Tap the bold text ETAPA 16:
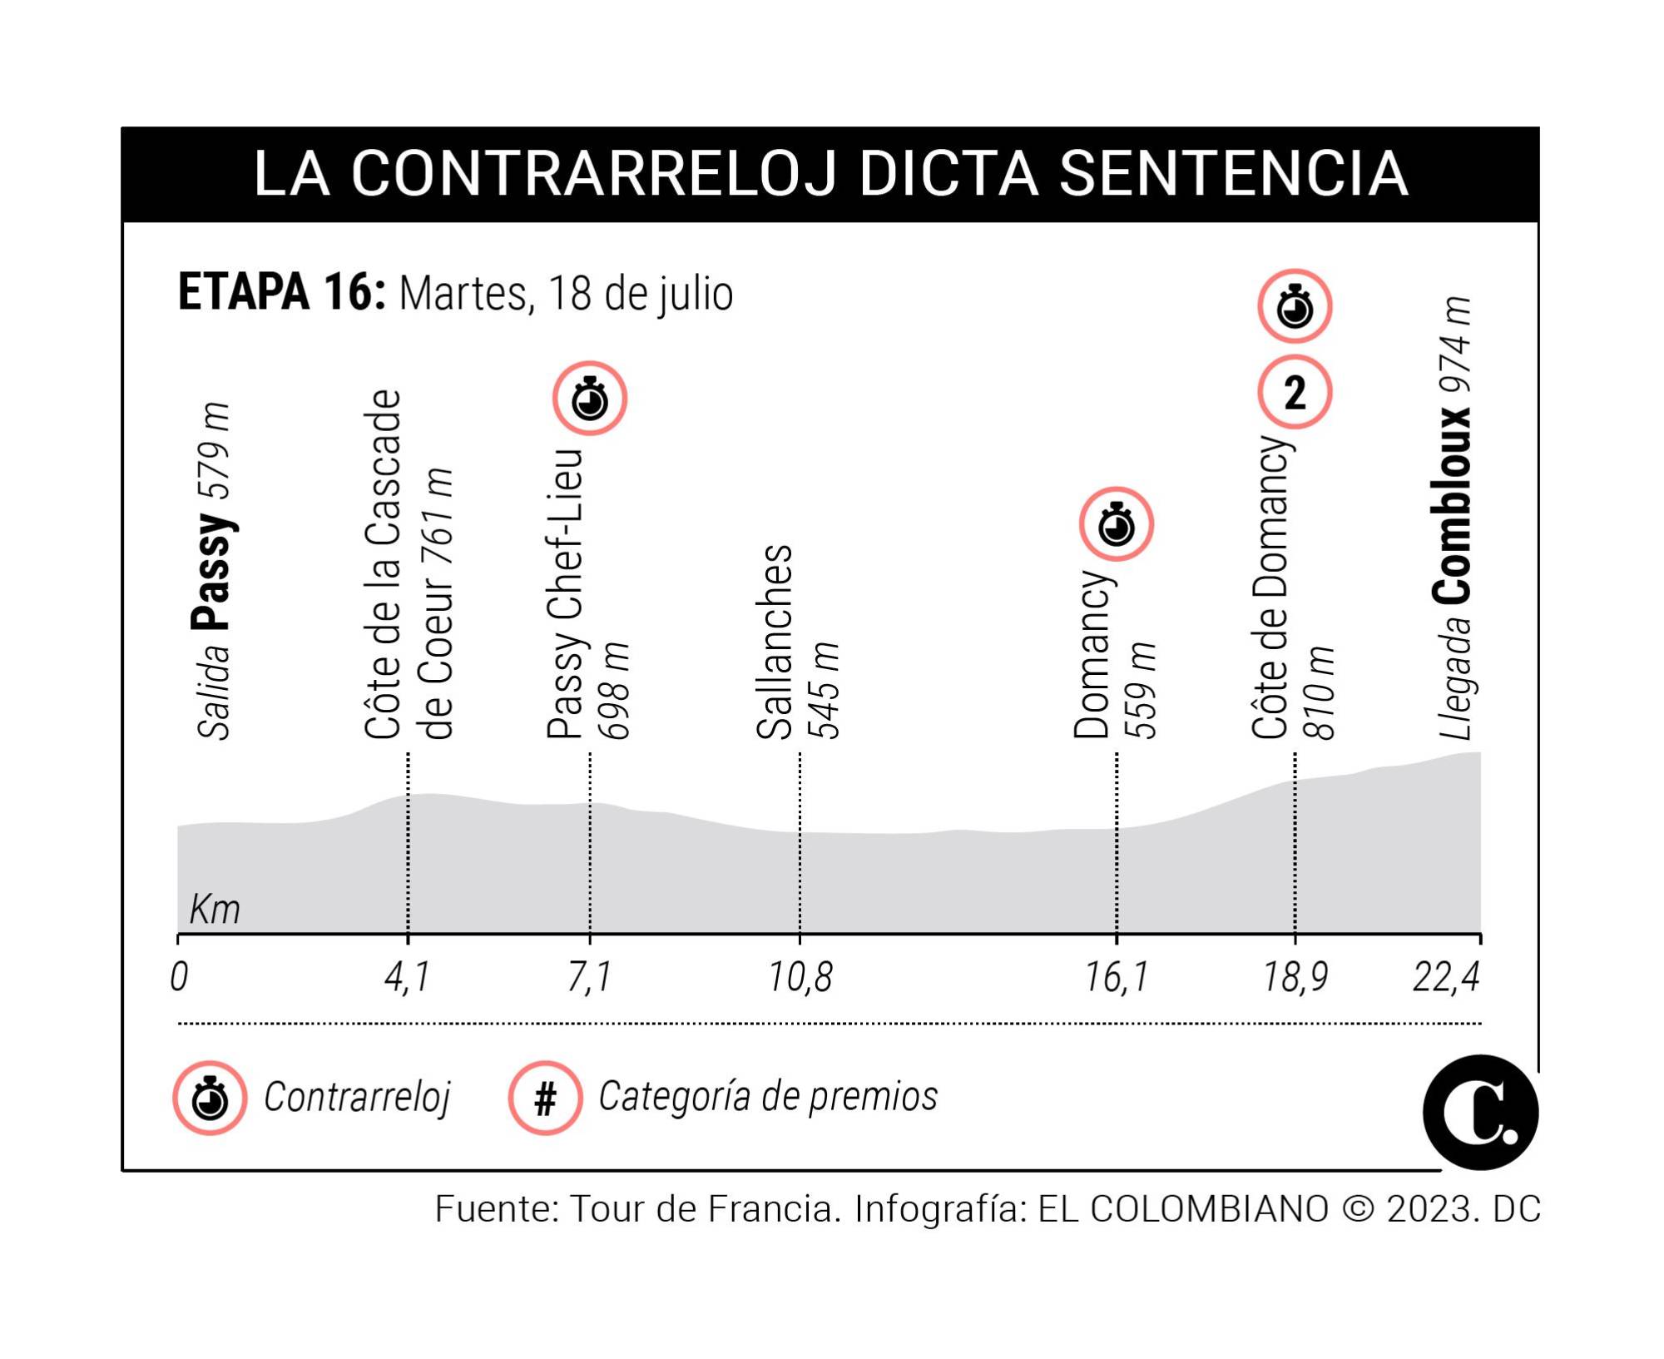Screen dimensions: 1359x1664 pos(281,293)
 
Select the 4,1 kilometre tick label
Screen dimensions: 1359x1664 pos(407,977)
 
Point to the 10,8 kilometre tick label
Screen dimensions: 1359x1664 pos(800,977)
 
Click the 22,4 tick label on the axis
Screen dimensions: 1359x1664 pos(1446,977)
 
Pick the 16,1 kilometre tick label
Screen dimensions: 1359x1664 pos(1116,977)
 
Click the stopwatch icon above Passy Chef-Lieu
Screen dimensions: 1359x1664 pos(590,399)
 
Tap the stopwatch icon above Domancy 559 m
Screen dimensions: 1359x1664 pos(1116,524)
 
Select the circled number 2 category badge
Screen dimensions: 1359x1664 pos(1295,392)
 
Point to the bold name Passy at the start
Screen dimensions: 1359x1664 pos(211,571)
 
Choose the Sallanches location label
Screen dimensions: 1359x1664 pos(775,642)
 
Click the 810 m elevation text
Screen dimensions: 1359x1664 pos(1320,692)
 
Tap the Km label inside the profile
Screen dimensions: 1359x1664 pos(215,909)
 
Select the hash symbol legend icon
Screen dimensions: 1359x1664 pos(545,1099)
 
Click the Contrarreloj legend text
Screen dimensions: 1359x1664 pos(357,1097)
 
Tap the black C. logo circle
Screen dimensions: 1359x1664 pos(1480,1113)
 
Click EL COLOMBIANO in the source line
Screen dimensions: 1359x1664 pos(1183,1209)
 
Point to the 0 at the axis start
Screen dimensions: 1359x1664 pos(179,977)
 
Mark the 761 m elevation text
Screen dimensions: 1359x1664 pos(438,518)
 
